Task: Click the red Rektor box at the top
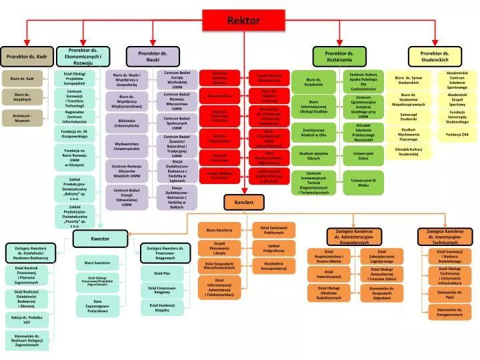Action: (244, 21)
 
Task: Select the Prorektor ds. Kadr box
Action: (27, 57)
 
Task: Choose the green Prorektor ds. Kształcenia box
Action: (339, 57)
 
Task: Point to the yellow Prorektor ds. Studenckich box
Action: (437, 57)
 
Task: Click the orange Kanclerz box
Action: (239, 201)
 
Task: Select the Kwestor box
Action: (100, 238)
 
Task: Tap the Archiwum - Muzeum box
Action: (22, 119)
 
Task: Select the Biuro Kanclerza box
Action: (219, 230)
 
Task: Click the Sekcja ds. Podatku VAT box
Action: (27, 319)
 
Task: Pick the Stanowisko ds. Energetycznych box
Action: (455, 312)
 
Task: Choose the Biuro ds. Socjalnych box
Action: (22, 98)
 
